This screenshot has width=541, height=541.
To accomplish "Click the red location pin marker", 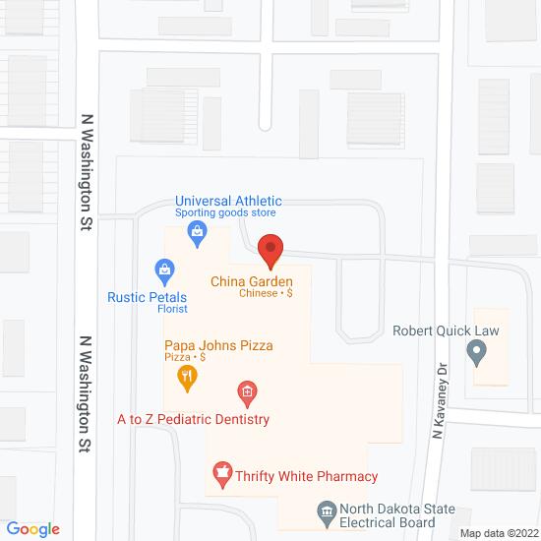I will (x=270, y=248).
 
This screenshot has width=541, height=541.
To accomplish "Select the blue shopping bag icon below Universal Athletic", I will (x=198, y=232).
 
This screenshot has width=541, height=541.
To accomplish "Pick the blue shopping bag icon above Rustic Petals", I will (x=164, y=268).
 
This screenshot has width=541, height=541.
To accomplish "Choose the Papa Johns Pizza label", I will (x=218, y=345).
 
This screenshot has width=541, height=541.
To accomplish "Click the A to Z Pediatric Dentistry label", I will (x=193, y=420).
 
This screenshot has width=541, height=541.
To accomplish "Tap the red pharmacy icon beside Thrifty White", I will (x=223, y=476).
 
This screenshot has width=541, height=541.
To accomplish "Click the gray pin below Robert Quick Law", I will (x=477, y=350).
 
